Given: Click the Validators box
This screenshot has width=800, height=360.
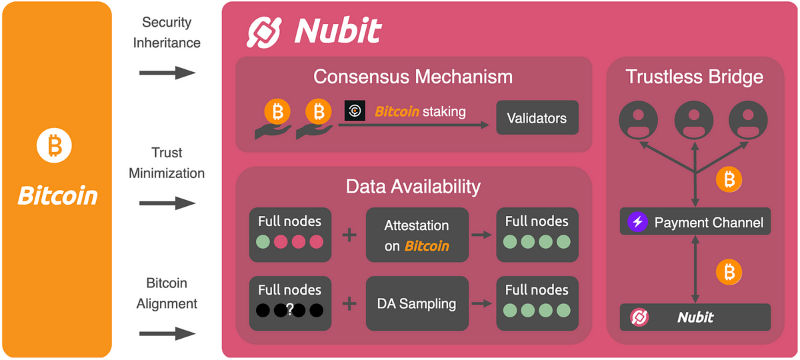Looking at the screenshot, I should (x=537, y=119).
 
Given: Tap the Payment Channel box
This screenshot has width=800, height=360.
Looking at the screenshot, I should (x=695, y=222).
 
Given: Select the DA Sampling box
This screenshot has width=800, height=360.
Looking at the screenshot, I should (x=417, y=303).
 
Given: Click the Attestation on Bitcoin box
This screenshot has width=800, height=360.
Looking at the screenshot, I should (x=417, y=235).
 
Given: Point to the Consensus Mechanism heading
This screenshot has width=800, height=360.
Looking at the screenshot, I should (x=413, y=76).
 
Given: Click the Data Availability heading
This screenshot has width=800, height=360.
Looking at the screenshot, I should (x=413, y=186).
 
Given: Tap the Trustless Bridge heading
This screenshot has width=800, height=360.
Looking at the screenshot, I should (x=694, y=77).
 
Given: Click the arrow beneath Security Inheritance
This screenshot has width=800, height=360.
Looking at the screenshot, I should (x=167, y=72).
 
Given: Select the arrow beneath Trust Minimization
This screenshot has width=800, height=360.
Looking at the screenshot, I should (x=167, y=203).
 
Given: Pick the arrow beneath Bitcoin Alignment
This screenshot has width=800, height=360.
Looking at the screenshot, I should (x=167, y=333).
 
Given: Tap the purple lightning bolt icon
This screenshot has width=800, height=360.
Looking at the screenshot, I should (x=638, y=222).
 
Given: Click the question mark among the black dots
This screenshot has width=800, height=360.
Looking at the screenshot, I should (x=289, y=309).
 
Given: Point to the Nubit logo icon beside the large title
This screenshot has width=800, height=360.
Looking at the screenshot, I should (x=267, y=31).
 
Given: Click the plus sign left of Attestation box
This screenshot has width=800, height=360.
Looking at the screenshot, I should (x=349, y=235).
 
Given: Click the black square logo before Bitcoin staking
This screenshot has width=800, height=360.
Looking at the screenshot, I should (x=355, y=111).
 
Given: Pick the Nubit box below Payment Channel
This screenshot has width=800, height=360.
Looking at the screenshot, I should (x=695, y=317).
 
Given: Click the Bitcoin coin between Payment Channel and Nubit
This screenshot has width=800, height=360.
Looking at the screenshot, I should (x=729, y=271).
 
